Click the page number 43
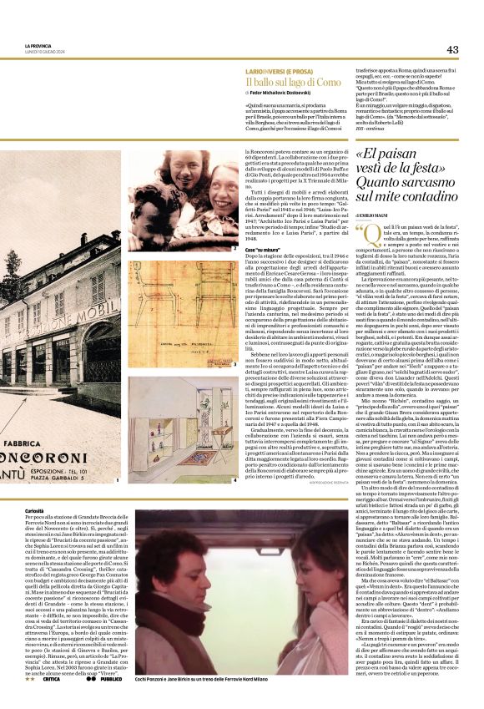(x=452, y=49)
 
